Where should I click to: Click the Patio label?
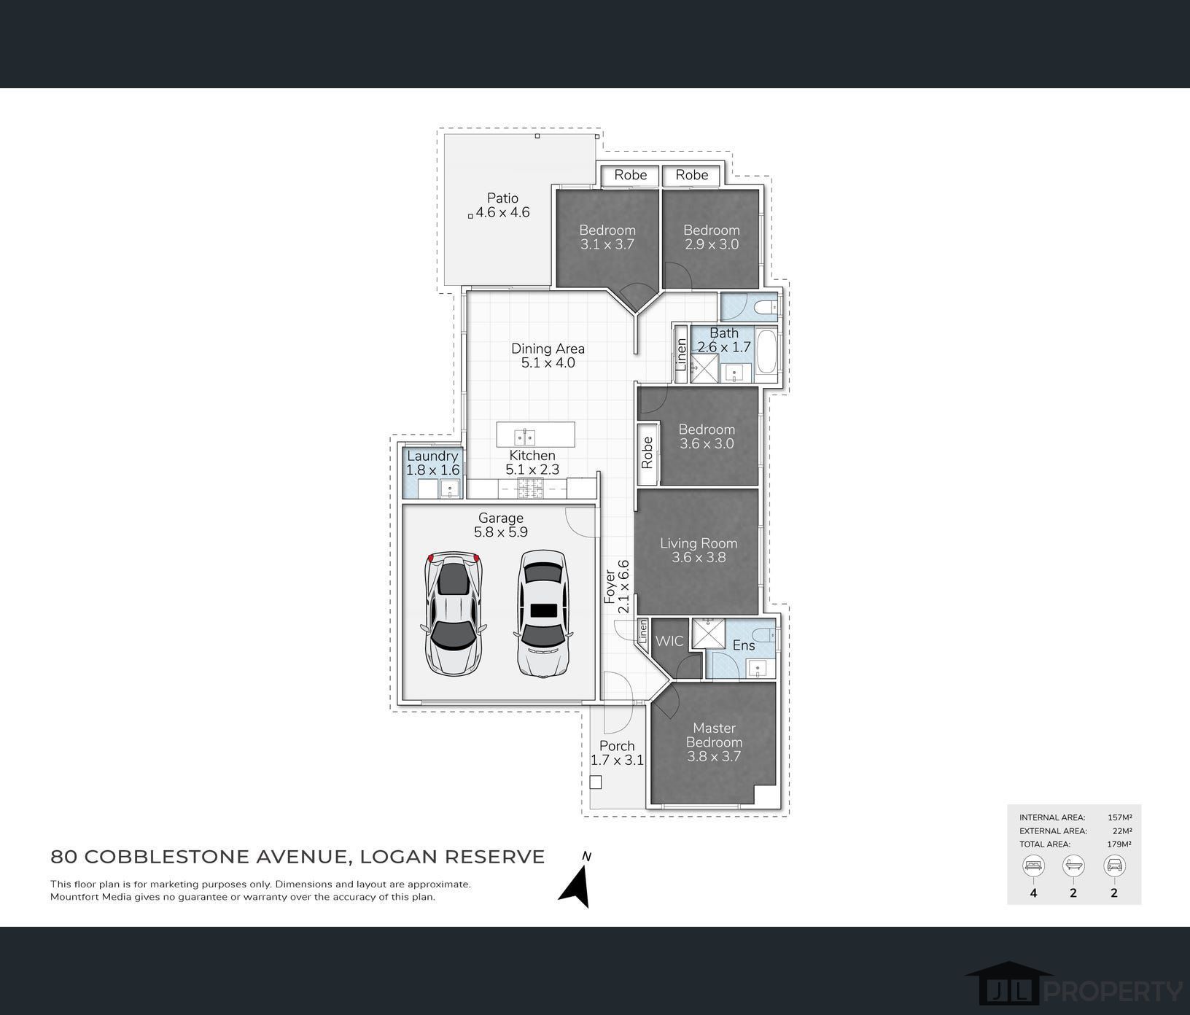tap(502, 198)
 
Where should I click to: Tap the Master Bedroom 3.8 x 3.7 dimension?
tap(714, 756)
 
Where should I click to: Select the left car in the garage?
tap(454, 613)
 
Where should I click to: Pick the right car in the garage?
tap(542, 613)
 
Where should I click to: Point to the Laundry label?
tap(432, 456)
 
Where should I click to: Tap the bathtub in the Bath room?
tap(767, 352)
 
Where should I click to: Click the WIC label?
tap(669, 641)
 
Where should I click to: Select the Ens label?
tap(744, 645)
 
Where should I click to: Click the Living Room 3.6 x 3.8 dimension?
tap(699, 557)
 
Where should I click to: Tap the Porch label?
tap(617, 745)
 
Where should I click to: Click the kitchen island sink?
tap(525, 437)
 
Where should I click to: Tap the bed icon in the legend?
tap(1034, 866)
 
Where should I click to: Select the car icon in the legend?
tap(1114, 866)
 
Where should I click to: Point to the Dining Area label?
tap(548, 349)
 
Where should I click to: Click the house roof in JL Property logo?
tap(1009, 971)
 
